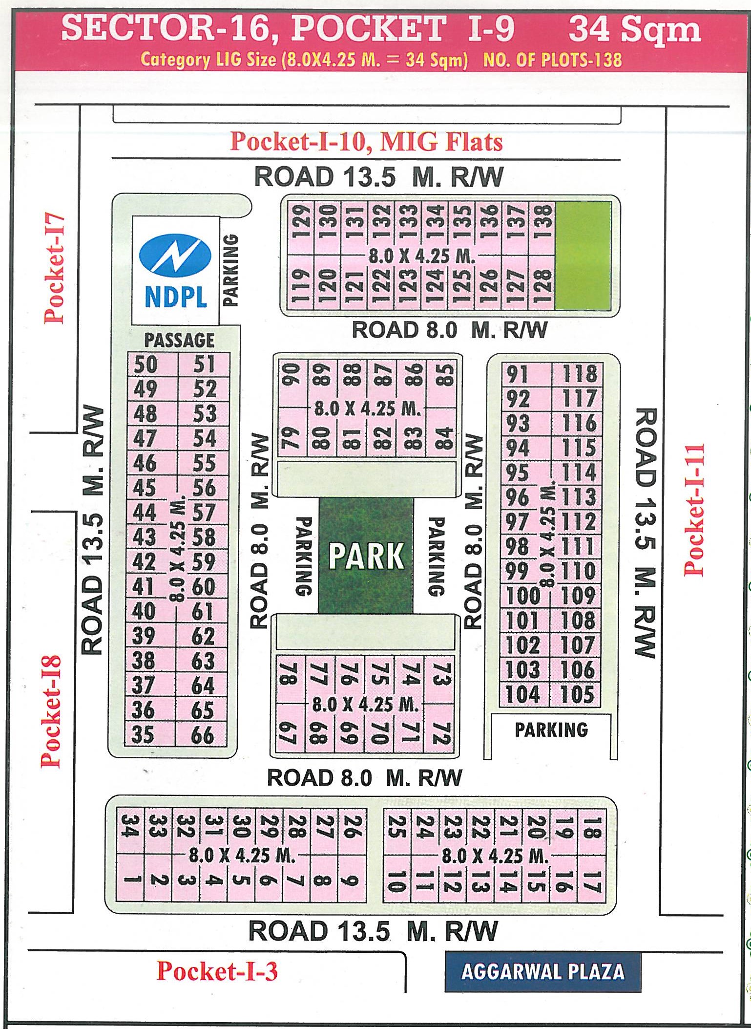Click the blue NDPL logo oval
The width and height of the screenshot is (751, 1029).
click(175, 254)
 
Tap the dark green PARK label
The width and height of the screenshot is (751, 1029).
click(366, 556)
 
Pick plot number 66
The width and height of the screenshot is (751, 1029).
click(203, 735)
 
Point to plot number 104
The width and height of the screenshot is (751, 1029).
click(522, 694)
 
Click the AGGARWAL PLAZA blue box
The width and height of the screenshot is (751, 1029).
click(542, 972)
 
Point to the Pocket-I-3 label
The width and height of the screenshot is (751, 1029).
click(217, 971)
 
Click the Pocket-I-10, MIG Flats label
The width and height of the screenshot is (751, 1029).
click(366, 142)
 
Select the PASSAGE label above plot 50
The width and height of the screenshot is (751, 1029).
click(179, 340)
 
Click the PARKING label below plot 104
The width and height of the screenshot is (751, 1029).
click(551, 729)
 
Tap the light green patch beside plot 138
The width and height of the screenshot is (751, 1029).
click(584, 255)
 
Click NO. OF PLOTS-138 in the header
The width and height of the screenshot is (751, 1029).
click(552, 60)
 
